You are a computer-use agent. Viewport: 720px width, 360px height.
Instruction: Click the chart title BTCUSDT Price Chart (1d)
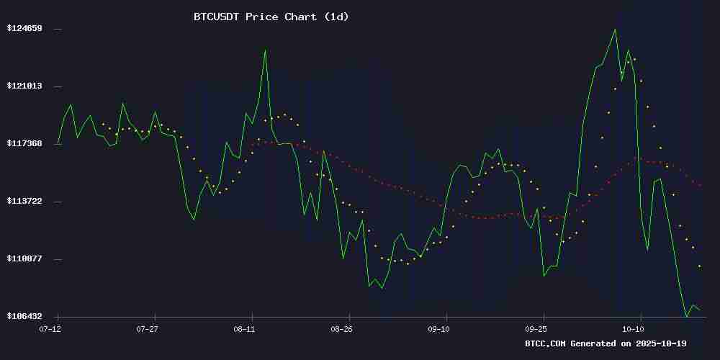pyautogui.click(x=271, y=16)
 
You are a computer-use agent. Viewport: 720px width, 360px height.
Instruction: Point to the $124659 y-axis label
pyautogui.click(x=24, y=28)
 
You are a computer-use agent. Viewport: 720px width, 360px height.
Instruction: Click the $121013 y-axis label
pyautogui.click(x=24, y=86)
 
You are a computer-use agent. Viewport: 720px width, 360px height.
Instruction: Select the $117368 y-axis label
pyautogui.click(x=24, y=143)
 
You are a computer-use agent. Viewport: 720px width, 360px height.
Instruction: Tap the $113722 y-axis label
pyautogui.click(x=24, y=201)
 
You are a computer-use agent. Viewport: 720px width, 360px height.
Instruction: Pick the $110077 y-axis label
pyautogui.click(x=24, y=258)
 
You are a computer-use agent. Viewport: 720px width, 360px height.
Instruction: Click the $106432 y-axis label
pyautogui.click(x=24, y=316)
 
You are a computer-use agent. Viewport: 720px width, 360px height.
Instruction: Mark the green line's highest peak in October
pyautogui.click(x=615, y=30)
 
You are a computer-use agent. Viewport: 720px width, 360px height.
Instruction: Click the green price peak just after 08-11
pyautogui.click(x=265, y=50)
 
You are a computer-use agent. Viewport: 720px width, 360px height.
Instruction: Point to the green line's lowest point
pyautogui.click(x=686, y=316)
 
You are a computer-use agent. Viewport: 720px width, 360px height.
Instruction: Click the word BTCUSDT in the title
pyautogui.click(x=217, y=16)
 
